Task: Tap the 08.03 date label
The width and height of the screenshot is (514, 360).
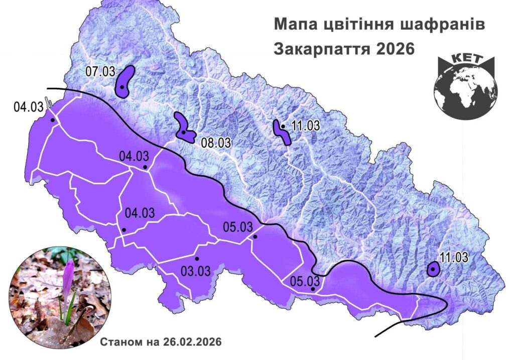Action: tap(216, 142)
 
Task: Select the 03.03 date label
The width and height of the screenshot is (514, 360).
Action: tap(195, 272)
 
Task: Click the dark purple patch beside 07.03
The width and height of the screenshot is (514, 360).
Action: tap(123, 81)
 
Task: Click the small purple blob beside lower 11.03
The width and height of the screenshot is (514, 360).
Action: tap(433, 270)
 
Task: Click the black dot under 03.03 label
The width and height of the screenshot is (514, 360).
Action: tap(197, 259)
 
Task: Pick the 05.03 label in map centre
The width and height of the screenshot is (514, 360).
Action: tap(237, 227)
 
